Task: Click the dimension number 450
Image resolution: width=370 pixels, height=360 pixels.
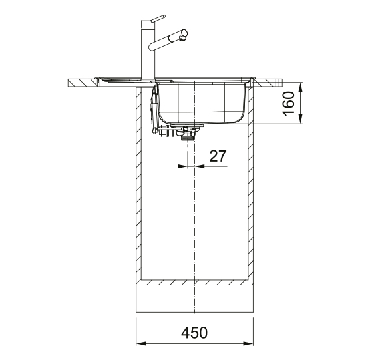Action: (194, 333)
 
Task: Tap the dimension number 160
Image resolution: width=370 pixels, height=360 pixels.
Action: (289, 104)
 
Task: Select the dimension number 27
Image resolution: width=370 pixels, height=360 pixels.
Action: (218, 156)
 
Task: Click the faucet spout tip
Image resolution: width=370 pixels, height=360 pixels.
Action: (183, 38)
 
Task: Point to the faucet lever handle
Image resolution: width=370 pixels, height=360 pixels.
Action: (158, 19)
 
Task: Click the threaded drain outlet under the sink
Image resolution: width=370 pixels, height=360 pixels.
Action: (186, 138)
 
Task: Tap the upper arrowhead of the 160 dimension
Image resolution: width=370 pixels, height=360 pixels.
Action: (300, 87)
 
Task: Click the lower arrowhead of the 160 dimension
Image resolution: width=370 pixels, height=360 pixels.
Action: (300, 119)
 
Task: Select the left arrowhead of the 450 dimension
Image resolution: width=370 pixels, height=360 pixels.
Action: (141, 344)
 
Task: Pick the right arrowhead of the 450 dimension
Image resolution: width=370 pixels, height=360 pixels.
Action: (248, 344)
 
